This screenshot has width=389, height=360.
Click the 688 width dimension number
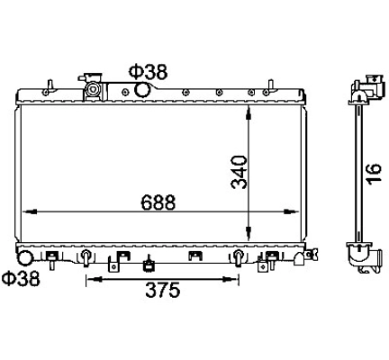(x=158, y=202)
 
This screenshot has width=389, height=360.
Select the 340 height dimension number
(x=240, y=172)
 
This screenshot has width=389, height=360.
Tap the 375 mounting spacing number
(x=163, y=290)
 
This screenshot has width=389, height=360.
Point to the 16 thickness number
(x=374, y=173)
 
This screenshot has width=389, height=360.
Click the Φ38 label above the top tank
(x=148, y=72)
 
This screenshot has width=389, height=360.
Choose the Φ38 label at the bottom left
(x=21, y=278)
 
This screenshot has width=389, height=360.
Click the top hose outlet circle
(x=142, y=90)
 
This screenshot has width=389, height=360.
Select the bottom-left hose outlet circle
(x=25, y=258)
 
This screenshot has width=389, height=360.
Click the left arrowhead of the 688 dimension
(x=30, y=211)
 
